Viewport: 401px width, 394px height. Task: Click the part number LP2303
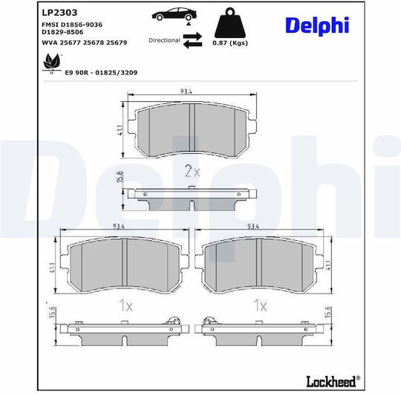59,13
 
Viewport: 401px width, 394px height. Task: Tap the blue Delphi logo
317,26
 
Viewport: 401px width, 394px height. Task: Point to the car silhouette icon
175,14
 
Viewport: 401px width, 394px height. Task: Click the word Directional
164,40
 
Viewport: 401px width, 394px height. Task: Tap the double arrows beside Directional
192,40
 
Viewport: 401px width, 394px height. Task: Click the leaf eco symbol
52,62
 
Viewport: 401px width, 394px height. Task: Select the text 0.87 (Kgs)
230,43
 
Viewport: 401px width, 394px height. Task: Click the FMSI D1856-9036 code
72,25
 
